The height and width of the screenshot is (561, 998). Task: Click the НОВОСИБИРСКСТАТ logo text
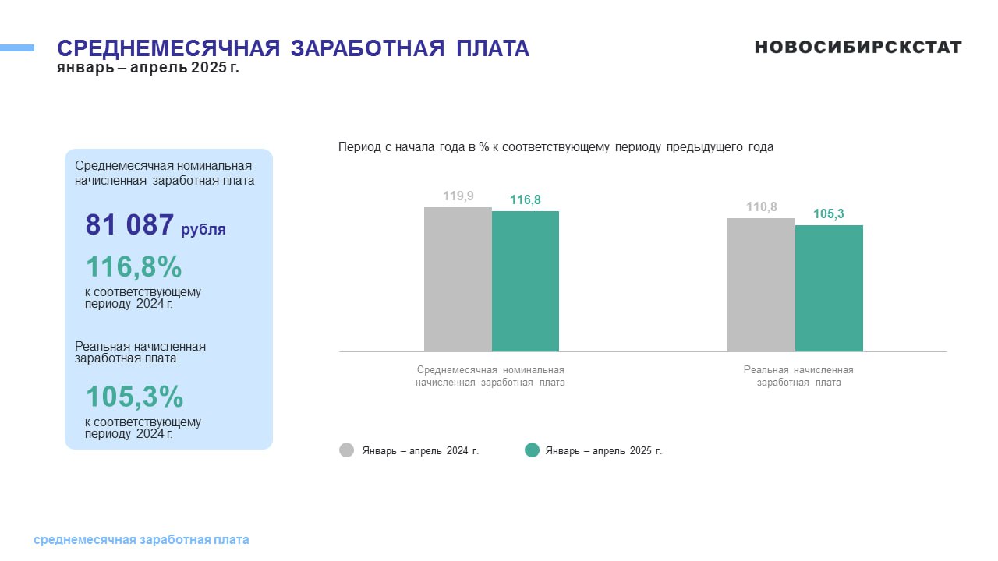coord(858,48)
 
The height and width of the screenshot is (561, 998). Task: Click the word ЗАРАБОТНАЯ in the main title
coord(367,48)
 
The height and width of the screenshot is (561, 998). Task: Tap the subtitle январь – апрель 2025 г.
coord(148,68)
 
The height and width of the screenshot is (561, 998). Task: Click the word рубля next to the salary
coord(203,229)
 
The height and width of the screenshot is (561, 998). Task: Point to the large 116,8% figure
coord(133,266)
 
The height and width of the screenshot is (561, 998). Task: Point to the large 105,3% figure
coord(134,396)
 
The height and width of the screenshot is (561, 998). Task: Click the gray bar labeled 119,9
coord(458,279)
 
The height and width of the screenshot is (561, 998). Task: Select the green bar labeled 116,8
coord(526,281)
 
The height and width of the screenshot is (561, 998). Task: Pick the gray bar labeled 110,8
coord(762,285)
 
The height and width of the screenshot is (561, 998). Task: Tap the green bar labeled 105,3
coord(829,288)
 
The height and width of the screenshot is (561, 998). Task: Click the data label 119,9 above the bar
coord(458,196)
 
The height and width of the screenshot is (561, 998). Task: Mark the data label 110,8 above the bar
coord(762,207)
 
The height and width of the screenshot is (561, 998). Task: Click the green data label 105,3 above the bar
coord(829,214)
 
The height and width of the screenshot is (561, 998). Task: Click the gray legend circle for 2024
coord(347,450)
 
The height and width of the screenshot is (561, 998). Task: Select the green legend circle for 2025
coord(532,450)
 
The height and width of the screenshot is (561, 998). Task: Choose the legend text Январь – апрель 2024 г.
coord(420,450)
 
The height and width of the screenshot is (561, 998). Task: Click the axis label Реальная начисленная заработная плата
coord(798,376)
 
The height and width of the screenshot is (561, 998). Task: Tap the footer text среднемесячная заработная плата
coord(141,540)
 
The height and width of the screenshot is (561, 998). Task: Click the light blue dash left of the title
coord(17,48)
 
